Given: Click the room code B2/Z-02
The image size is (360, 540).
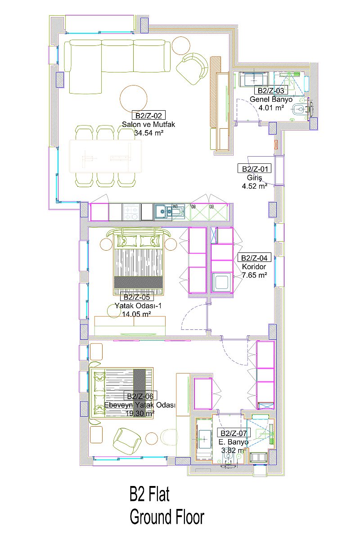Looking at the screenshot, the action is point(148,116).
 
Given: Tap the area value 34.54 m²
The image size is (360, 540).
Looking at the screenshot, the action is point(149,133).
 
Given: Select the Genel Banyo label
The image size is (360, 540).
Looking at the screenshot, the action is point(271,99).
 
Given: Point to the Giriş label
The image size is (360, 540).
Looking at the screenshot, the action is point(254,178).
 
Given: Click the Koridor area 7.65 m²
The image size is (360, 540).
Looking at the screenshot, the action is point(254,275).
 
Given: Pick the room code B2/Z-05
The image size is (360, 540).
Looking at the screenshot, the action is point(137,297).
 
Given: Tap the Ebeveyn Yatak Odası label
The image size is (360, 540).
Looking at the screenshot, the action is point(139,405).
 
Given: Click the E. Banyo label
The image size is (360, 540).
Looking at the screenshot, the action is point(234,442).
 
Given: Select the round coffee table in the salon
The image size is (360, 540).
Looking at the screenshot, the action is point(133,99).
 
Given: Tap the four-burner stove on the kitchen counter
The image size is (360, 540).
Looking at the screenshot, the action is point(131,212).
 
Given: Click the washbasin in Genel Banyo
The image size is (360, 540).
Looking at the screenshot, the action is point(254,79).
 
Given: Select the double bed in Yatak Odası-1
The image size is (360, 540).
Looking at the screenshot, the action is point(138,261).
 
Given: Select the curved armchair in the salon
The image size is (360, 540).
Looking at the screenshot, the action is point(192,68).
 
